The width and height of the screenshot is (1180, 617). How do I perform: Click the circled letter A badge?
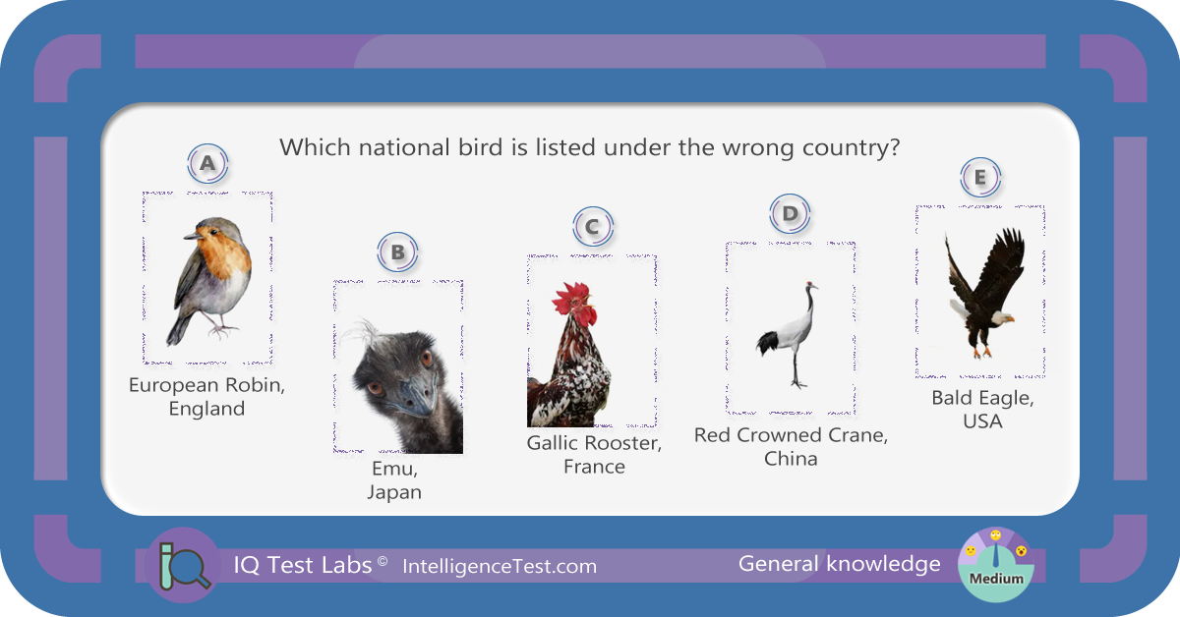[x=207, y=163]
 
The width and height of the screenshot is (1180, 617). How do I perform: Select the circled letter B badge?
[x=397, y=252]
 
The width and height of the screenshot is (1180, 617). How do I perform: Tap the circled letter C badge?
[x=593, y=227]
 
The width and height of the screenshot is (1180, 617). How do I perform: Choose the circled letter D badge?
[x=790, y=214]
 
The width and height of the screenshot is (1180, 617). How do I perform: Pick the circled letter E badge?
[x=980, y=178]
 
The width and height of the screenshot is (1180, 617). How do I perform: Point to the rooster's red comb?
[x=574, y=300]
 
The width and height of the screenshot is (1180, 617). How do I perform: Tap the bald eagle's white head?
[x=999, y=317]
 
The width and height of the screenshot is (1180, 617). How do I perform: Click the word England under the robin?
[x=207, y=409]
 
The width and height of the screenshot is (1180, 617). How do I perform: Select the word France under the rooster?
[x=594, y=467]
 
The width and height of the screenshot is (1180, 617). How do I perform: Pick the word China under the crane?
[x=791, y=459]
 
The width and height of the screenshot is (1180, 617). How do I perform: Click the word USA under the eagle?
[x=982, y=421]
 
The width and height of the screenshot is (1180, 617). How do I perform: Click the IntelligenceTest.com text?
[x=500, y=567]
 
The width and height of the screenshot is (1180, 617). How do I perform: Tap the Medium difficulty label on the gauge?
[x=996, y=579]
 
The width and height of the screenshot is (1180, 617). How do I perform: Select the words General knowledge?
[x=839, y=564]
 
